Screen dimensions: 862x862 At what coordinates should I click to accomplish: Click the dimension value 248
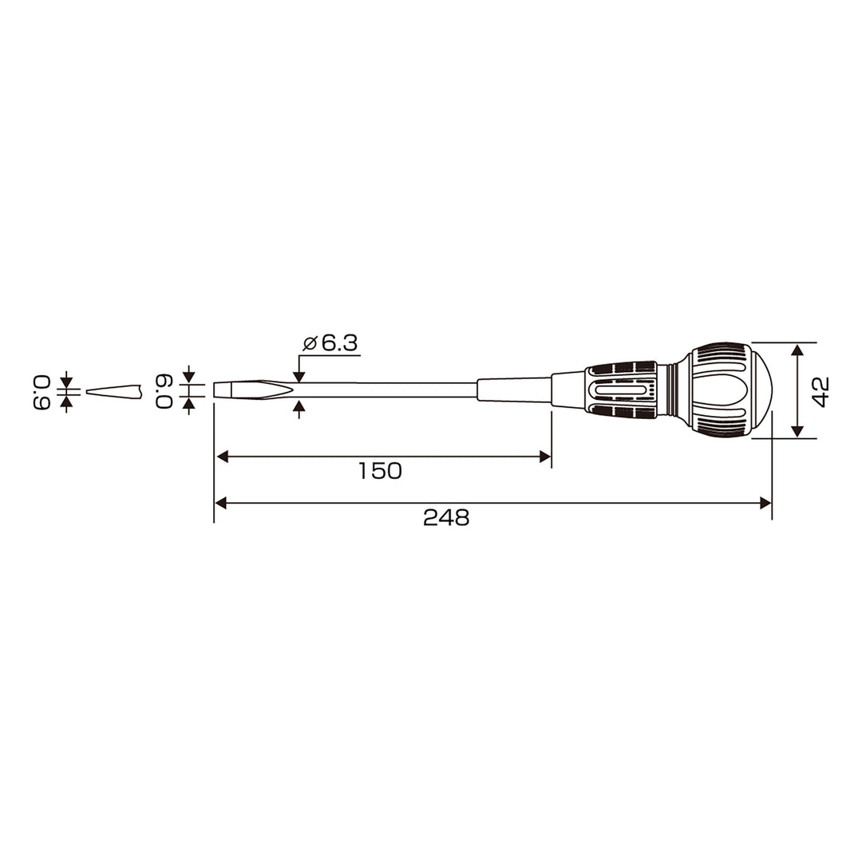(x=446, y=517)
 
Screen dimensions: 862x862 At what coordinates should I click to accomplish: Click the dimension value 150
(x=380, y=471)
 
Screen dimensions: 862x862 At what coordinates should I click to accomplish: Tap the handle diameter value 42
(x=820, y=391)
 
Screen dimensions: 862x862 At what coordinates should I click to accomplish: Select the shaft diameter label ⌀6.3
(x=330, y=343)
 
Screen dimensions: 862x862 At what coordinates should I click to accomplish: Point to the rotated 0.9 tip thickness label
(x=42, y=392)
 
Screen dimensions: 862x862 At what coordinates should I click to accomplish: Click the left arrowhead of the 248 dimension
(x=220, y=503)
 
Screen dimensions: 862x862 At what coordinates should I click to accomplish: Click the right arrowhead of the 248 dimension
(x=765, y=503)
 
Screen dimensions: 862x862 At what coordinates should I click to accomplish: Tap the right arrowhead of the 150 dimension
(x=545, y=457)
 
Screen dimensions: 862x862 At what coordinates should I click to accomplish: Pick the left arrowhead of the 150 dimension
(x=222, y=457)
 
